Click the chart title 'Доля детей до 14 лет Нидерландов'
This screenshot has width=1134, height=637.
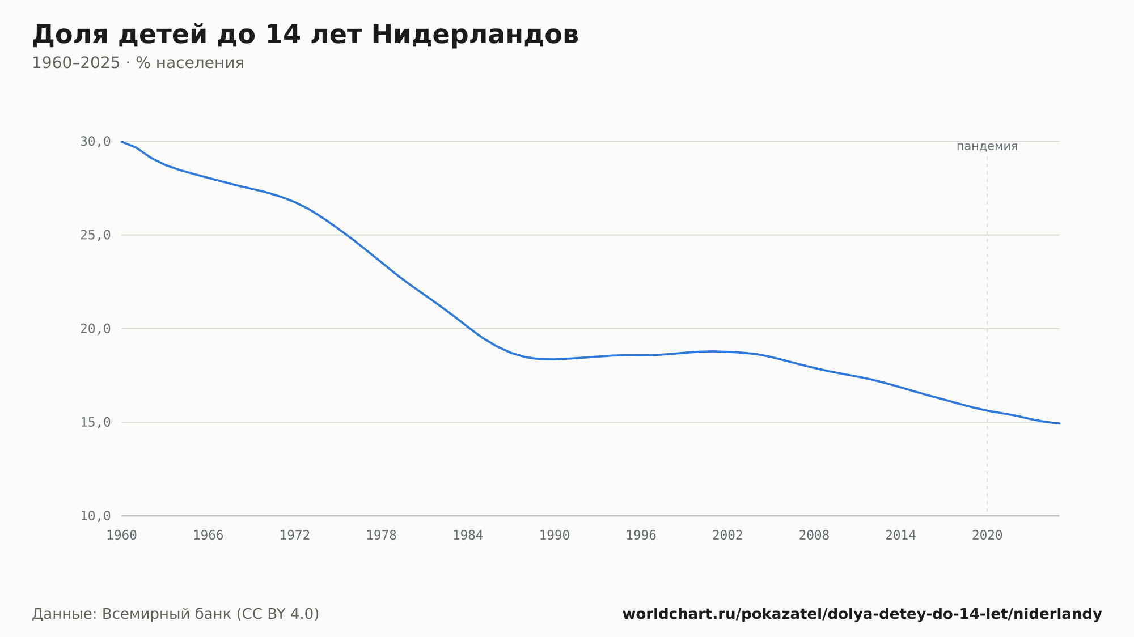pos(305,35)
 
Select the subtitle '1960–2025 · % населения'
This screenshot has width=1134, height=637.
pos(138,63)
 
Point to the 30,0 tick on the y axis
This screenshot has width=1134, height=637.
pos(95,142)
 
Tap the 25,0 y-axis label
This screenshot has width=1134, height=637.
pos(95,235)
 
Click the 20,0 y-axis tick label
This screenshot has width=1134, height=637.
pos(95,329)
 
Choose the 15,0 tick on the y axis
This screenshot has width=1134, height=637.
pos(95,422)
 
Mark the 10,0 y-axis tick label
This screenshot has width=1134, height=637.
pos(95,516)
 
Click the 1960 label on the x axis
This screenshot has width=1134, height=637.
pos(122,536)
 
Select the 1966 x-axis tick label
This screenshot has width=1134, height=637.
pos(208,536)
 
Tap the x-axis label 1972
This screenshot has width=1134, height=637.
pos(295,536)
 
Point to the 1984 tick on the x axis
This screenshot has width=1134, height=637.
pos(468,536)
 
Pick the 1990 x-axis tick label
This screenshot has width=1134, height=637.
pos(555,536)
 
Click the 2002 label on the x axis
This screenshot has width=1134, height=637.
pos(727,536)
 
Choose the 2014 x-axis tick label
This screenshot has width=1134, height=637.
pos(900,536)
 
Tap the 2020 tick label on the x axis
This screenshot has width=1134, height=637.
pos(987,536)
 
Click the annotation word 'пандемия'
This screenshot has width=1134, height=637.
pos(987,146)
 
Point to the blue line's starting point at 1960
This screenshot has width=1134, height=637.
pos(122,142)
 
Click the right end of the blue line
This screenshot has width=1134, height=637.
pos(1059,423)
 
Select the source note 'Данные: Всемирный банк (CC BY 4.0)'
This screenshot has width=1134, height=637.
pos(176,614)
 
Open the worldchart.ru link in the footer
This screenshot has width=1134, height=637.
pos(862,614)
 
